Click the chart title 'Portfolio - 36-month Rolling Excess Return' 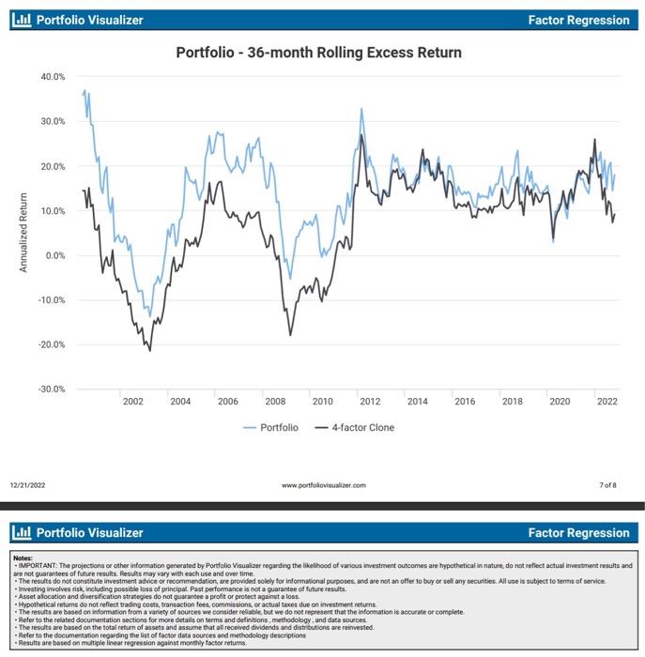tap(319, 53)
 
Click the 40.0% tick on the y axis tap(52, 77)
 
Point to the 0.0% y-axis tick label tap(54, 255)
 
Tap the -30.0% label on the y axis tap(51, 389)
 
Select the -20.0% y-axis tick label tap(51, 344)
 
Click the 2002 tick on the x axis tap(132, 402)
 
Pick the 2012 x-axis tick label tap(370, 402)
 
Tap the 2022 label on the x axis tap(607, 402)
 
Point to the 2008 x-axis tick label tap(275, 402)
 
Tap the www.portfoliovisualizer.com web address tap(323, 485)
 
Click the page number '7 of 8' tap(607, 485)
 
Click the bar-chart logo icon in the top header tap(22, 19)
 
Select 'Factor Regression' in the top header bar tap(578, 20)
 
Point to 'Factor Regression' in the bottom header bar tap(578, 532)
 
